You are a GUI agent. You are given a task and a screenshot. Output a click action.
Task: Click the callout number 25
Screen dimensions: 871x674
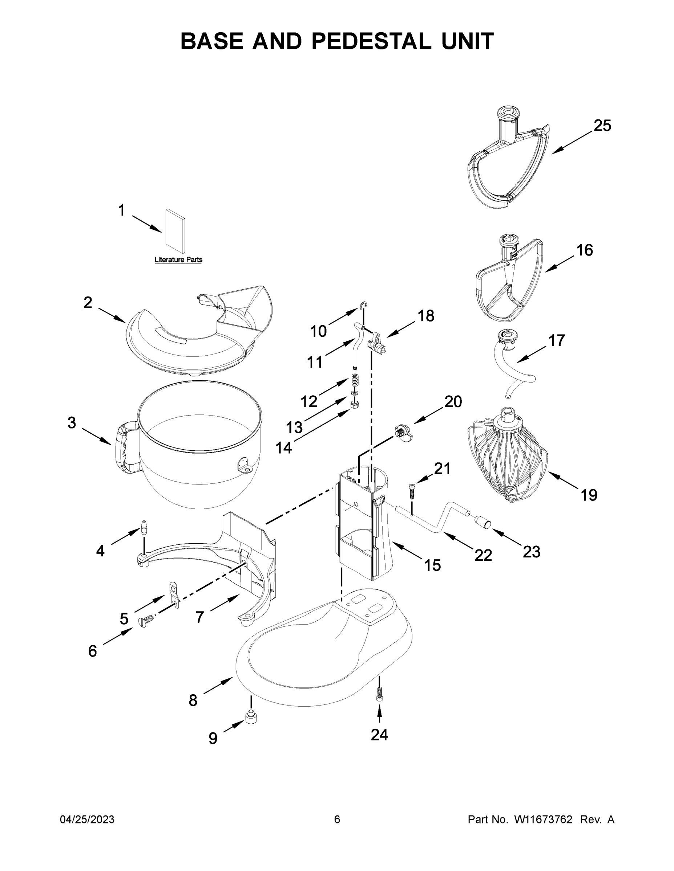(602, 126)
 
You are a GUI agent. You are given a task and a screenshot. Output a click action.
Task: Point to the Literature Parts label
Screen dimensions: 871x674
(178, 259)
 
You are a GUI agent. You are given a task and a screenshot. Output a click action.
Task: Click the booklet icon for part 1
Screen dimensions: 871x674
(176, 231)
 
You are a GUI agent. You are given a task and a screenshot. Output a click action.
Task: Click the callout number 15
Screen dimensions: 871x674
(432, 565)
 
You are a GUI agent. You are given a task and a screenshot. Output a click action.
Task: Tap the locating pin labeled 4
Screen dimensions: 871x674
(144, 527)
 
